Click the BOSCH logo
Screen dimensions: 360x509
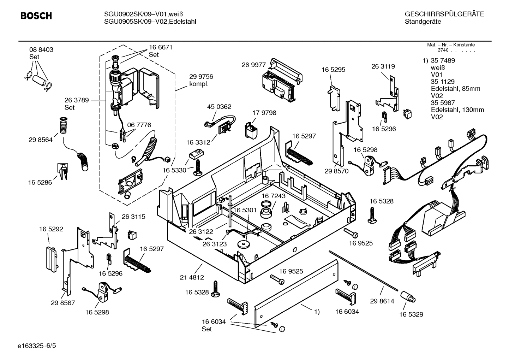[x=36, y=16]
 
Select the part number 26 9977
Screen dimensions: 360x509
[x=253, y=65]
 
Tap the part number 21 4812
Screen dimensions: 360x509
[x=192, y=277]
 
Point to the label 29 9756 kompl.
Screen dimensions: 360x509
[x=201, y=80]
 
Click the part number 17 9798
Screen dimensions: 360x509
[x=264, y=113]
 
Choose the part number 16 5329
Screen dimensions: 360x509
[x=411, y=314]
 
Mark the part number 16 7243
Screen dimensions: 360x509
[x=273, y=196]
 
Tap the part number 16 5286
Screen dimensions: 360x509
[x=40, y=183]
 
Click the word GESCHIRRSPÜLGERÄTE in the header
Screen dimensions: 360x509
[x=444, y=14]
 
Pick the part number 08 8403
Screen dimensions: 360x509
[x=41, y=50]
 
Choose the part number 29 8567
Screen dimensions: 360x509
[x=63, y=303]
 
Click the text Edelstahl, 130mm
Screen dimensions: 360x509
[x=457, y=110]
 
